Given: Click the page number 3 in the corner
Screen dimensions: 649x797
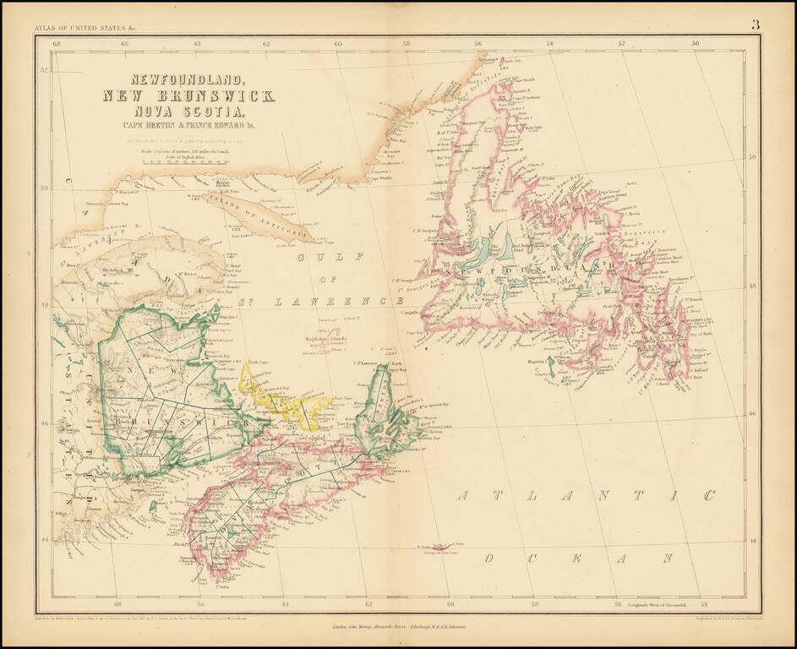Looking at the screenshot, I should click(x=755, y=25).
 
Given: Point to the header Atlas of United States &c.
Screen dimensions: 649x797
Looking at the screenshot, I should click(x=78, y=28).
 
